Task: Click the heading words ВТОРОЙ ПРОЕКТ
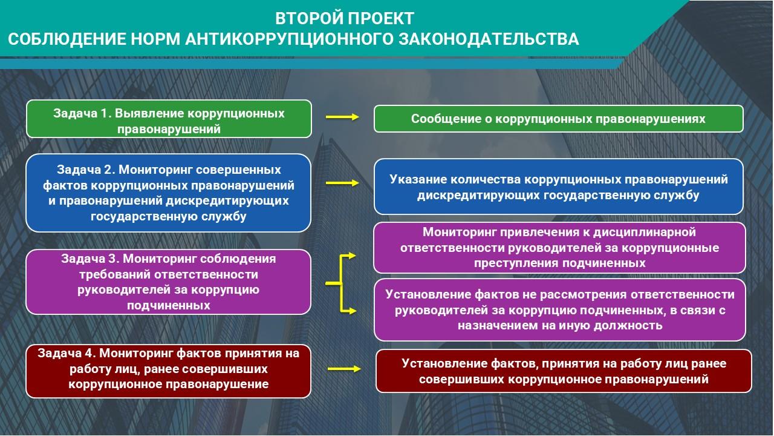345,18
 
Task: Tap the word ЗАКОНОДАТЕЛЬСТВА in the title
489,39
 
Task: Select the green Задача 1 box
169,119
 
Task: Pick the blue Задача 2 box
169,193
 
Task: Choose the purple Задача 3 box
169,282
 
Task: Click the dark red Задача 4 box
169,371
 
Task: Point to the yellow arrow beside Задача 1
342,117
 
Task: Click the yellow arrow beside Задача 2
342,183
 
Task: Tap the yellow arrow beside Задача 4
344,369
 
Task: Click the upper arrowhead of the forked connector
351,256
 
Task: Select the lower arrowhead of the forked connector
352,311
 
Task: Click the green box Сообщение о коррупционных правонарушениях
559,119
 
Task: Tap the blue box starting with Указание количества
559,187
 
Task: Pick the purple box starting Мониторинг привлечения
559,248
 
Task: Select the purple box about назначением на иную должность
560,309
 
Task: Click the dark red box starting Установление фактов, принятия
564,371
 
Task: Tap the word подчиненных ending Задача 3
169,306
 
